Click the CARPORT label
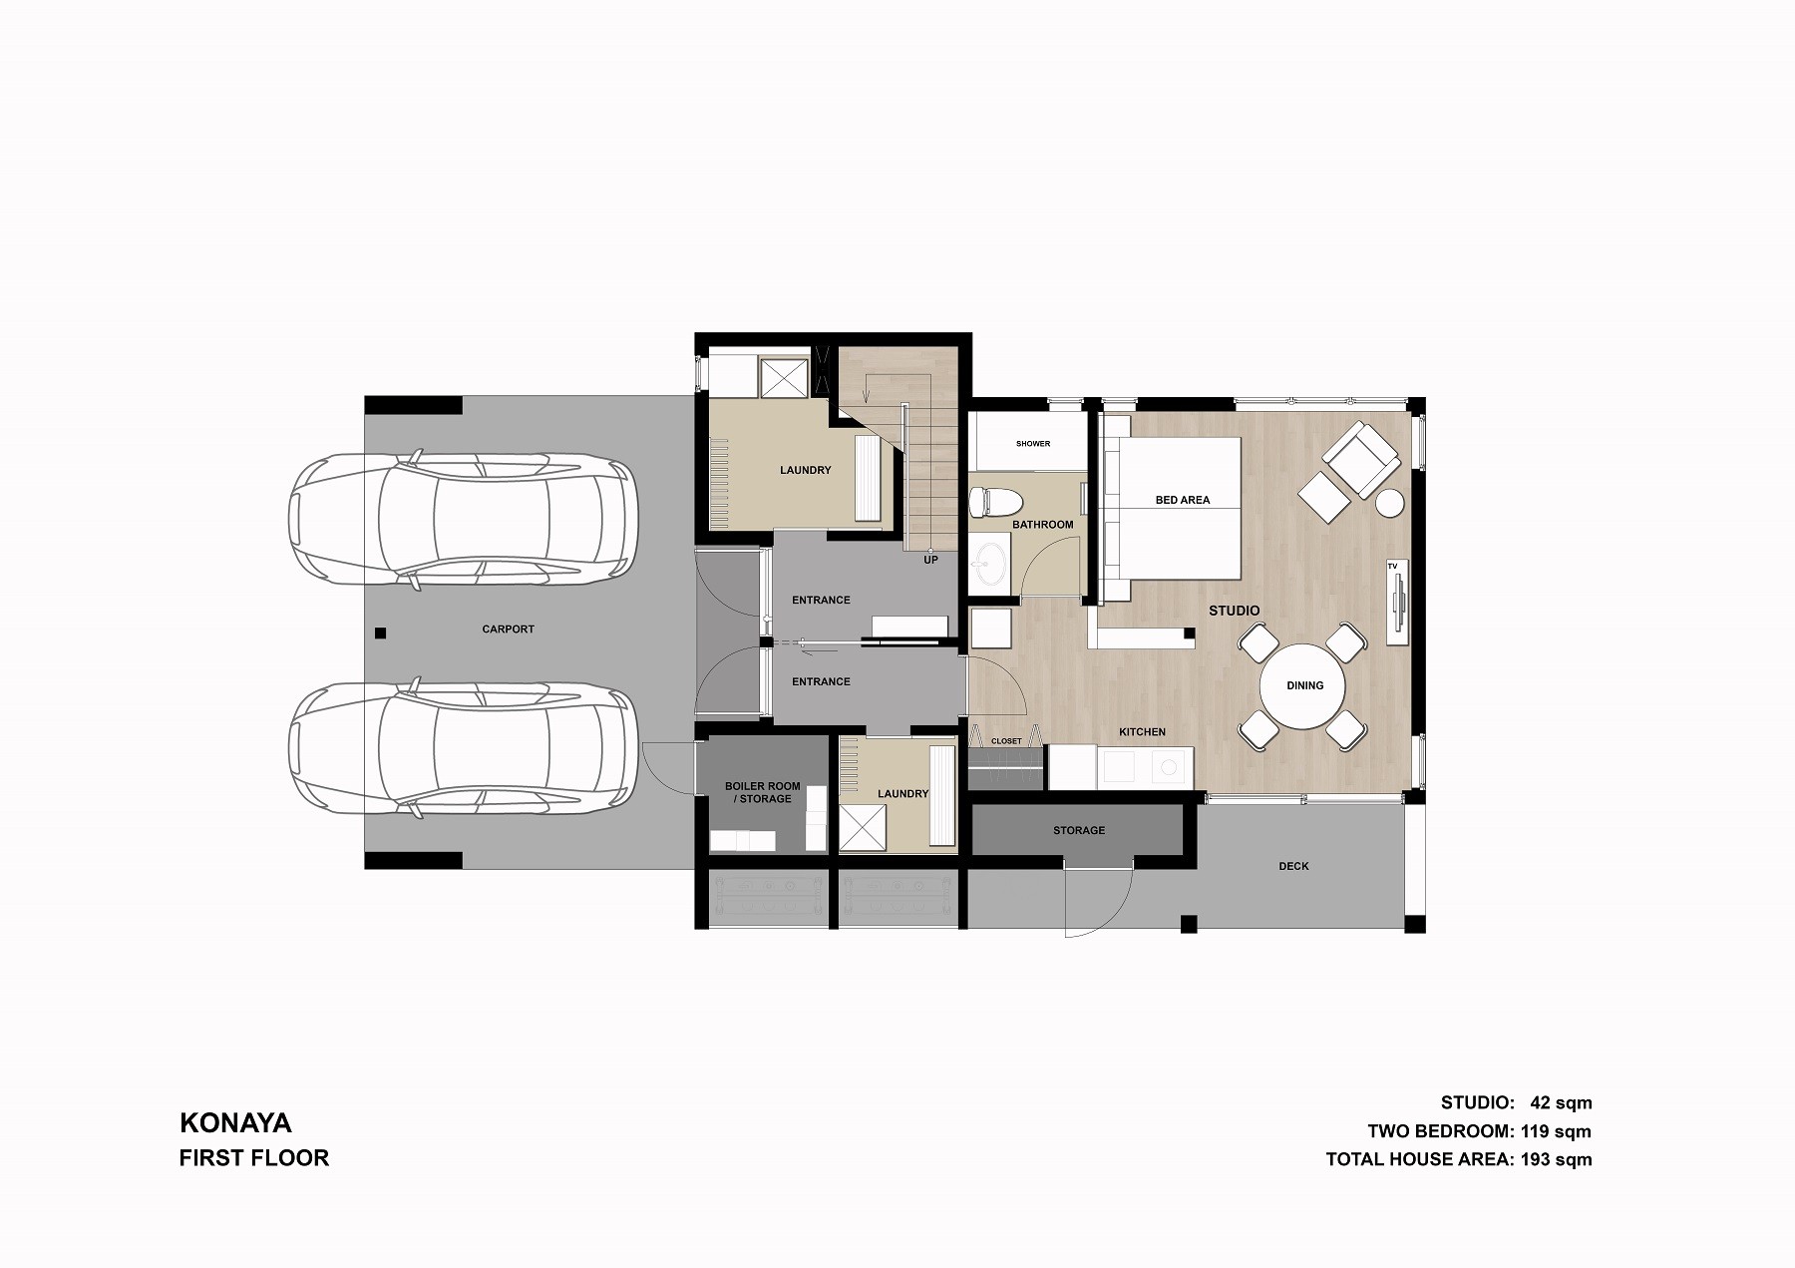click(508, 630)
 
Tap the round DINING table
click(1303, 686)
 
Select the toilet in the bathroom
click(996, 501)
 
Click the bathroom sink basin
click(989, 564)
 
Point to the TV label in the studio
click(1392, 567)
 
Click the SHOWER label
click(1033, 444)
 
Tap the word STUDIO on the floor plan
click(1235, 611)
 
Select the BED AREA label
click(1183, 500)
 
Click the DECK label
click(1293, 866)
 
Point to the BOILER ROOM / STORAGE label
click(763, 792)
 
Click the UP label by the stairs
click(930, 560)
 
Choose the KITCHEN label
click(1142, 732)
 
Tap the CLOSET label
click(1006, 741)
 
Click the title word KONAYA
click(235, 1123)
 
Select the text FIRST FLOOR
click(254, 1158)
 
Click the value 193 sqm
click(1556, 1159)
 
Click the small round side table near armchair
click(1389, 503)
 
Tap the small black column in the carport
click(380, 633)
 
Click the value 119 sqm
click(1556, 1131)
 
